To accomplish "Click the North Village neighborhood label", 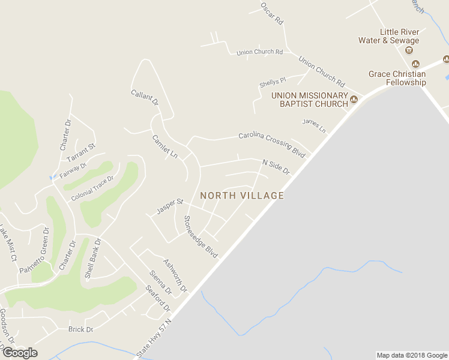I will [x=242, y=196].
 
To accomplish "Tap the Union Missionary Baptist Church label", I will [x=309, y=100].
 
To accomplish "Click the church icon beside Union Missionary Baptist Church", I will [x=354, y=100].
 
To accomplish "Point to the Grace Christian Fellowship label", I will [x=397, y=78].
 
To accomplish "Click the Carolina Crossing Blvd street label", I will [x=272, y=144].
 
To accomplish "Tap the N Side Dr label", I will [x=276, y=167].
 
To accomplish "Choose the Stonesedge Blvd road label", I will [x=200, y=236].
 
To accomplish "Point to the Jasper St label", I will [x=169, y=206].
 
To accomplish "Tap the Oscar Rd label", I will [x=271, y=13].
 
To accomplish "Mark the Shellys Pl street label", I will [x=273, y=81].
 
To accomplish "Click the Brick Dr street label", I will [x=80, y=329].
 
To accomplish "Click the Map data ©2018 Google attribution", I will [x=411, y=355].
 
